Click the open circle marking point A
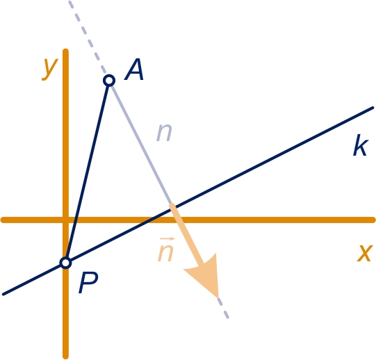[109, 81]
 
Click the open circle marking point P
[66, 263]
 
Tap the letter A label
[134, 69]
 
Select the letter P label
[88, 283]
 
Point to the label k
[361, 145]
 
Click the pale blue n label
[164, 133]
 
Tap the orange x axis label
[365, 253]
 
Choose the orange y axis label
[49, 69]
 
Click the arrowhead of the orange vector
[206, 273]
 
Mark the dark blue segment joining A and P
[88, 172]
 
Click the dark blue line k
[188, 201]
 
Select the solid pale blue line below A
[140, 143]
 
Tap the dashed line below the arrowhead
[223, 308]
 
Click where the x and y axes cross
[66, 220]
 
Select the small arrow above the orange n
[167, 239]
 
